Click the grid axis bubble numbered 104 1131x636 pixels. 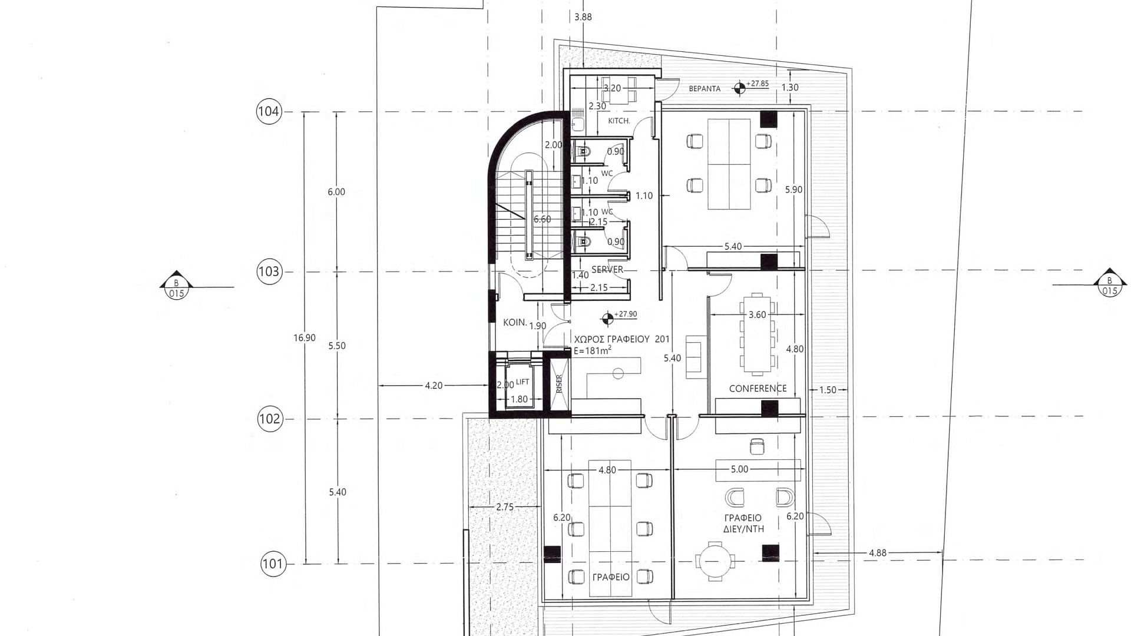point(269,111)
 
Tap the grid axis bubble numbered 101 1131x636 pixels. point(273,564)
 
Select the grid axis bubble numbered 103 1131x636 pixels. point(269,271)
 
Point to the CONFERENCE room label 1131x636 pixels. point(758,389)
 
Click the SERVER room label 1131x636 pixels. point(607,270)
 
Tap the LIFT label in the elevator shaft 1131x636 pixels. point(522,382)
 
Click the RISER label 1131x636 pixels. point(559,384)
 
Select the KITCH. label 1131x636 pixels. point(619,121)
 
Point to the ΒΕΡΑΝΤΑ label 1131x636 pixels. point(705,89)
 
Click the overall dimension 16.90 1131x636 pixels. point(305,338)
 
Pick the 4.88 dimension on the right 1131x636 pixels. point(877,553)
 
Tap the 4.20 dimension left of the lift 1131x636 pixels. point(434,386)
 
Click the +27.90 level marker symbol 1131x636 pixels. point(607,319)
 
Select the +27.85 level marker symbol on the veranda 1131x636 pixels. point(739,88)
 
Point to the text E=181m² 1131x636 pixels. point(592,350)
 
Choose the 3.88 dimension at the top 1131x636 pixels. point(583,17)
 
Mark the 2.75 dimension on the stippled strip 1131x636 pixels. point(505,507)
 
